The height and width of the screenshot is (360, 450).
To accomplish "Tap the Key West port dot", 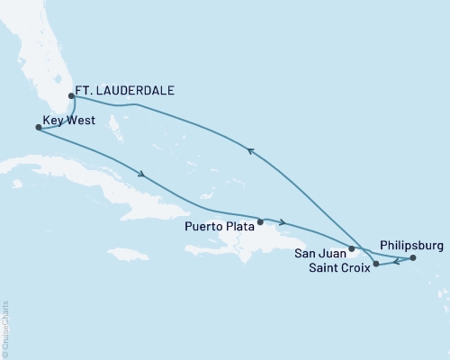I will click(37, 128).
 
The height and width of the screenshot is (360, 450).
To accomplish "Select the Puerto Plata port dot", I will click(260, 221).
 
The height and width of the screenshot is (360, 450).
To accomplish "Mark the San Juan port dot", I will click(351, 247).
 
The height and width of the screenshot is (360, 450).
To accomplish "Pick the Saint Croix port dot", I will click(376, 264).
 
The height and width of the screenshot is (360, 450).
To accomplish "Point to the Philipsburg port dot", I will click(413, 258).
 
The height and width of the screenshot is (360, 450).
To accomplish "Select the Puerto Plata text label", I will click(220, 227).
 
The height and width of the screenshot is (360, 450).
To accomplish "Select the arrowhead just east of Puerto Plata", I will click(283, 222).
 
